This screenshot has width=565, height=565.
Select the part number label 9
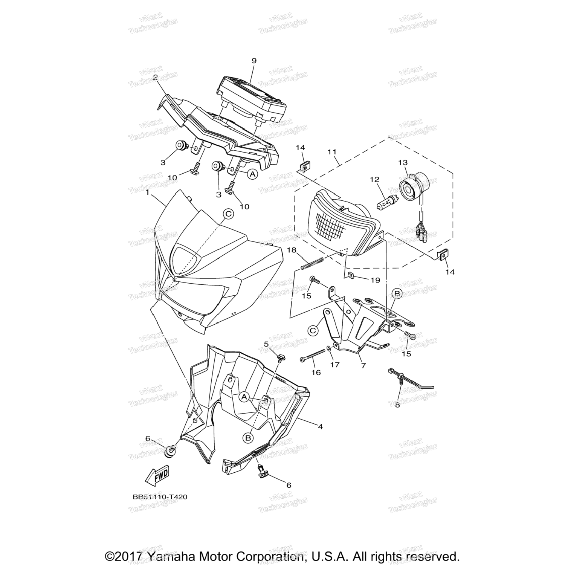click(x=253, y=61)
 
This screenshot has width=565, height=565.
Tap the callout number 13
click(x=403, y=162)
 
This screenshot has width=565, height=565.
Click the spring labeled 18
click(x=313, y=263)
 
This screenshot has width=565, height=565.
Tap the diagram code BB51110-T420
click(x=160, y=497)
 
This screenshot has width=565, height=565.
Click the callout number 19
click(x=375, y=280)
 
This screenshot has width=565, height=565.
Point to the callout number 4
click(x=320, y=427)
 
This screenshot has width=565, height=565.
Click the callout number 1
click(x=148, y=192)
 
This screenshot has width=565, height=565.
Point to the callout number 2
click(x=155, y=77)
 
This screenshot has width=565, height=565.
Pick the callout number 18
click(x=303, y=250)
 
